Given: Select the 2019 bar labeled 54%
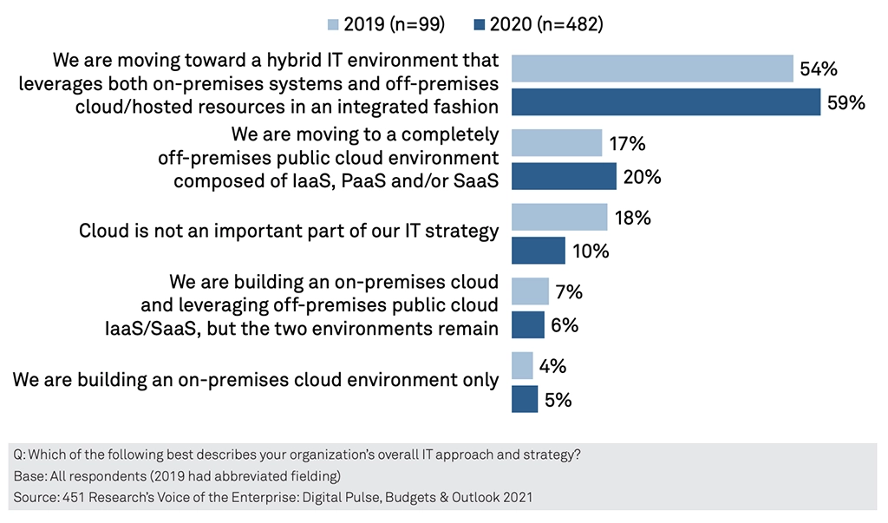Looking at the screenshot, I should point(652,69).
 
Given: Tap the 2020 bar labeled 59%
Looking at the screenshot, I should point(665,102).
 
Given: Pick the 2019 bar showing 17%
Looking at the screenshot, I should point(557,143).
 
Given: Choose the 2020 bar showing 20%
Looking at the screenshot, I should point(564,177).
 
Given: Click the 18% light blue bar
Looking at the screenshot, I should point(559,218).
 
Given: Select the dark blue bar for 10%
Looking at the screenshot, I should point(539,251).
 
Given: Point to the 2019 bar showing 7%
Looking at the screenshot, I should point(530,291).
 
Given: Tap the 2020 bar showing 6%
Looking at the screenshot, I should point(528,325).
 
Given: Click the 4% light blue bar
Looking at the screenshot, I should point(522,366).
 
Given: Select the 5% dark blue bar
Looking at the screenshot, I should point(525,399).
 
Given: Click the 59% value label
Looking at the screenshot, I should point(846,103).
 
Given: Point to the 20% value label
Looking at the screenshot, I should point(642,178).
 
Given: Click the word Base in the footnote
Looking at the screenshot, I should point(29,477).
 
